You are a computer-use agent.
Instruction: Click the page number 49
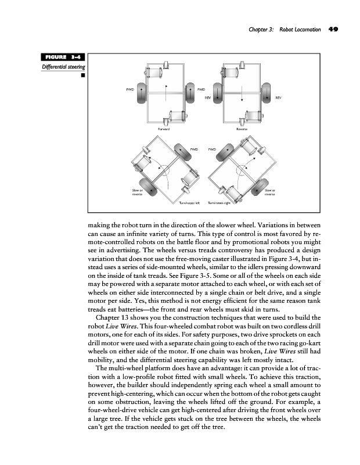click(333, 27)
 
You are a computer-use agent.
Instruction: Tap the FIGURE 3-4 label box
click(63, 57)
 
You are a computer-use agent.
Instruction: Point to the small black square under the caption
click(83, 76)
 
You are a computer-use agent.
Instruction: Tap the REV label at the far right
click(278, 98)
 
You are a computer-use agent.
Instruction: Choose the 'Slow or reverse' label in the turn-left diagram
click(138, 192)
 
